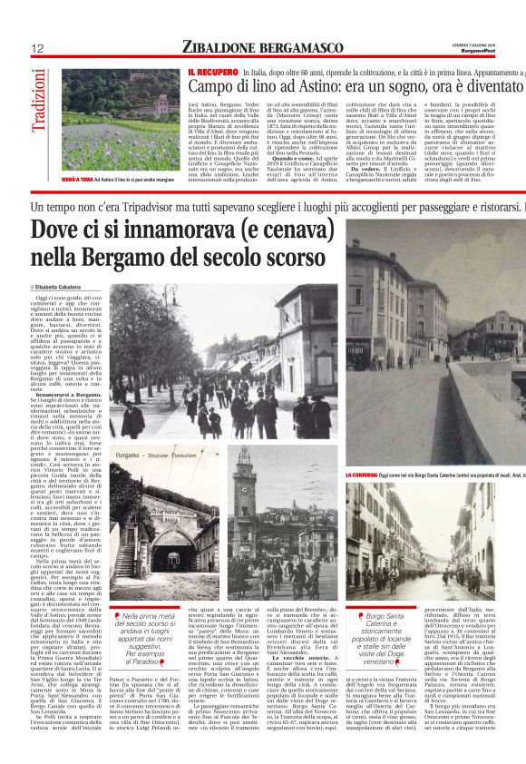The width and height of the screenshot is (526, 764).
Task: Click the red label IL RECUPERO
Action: point(212,71)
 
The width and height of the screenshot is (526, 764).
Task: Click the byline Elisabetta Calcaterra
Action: point(66,288)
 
